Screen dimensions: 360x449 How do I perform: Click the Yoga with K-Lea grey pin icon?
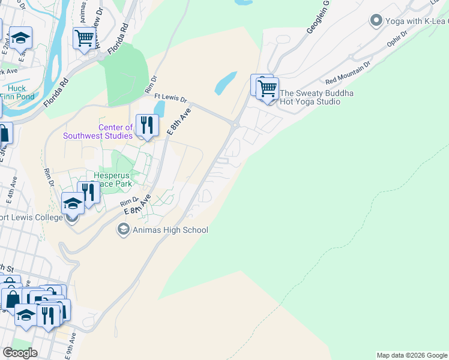[376, 21]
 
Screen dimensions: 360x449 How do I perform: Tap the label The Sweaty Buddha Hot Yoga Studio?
[318, 97]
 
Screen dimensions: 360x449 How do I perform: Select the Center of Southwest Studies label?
[98, 131]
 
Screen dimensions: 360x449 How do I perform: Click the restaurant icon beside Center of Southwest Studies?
[146, 125]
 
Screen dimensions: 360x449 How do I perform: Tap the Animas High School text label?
[170, 230]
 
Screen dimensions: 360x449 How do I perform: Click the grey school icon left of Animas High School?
[123, 229]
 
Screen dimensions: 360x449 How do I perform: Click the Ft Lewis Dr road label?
[171, 97]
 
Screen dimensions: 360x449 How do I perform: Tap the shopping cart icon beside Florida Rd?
[85, 38]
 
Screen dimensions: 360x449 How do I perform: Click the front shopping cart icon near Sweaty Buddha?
[267, 89]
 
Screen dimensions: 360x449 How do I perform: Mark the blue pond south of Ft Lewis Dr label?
[159, 109]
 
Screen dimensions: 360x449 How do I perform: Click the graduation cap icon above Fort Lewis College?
[72, 203]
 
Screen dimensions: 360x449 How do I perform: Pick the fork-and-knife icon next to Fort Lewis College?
[88, 193]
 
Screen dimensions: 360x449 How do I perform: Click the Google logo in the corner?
[20, 353]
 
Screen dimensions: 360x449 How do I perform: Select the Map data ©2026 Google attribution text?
[411, 355]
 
